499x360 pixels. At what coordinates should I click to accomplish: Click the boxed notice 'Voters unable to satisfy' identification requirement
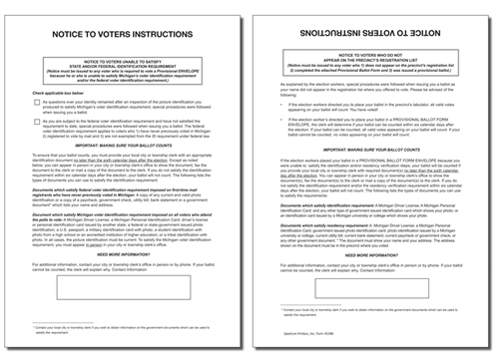pyautogui.click(x=124, y=73)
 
